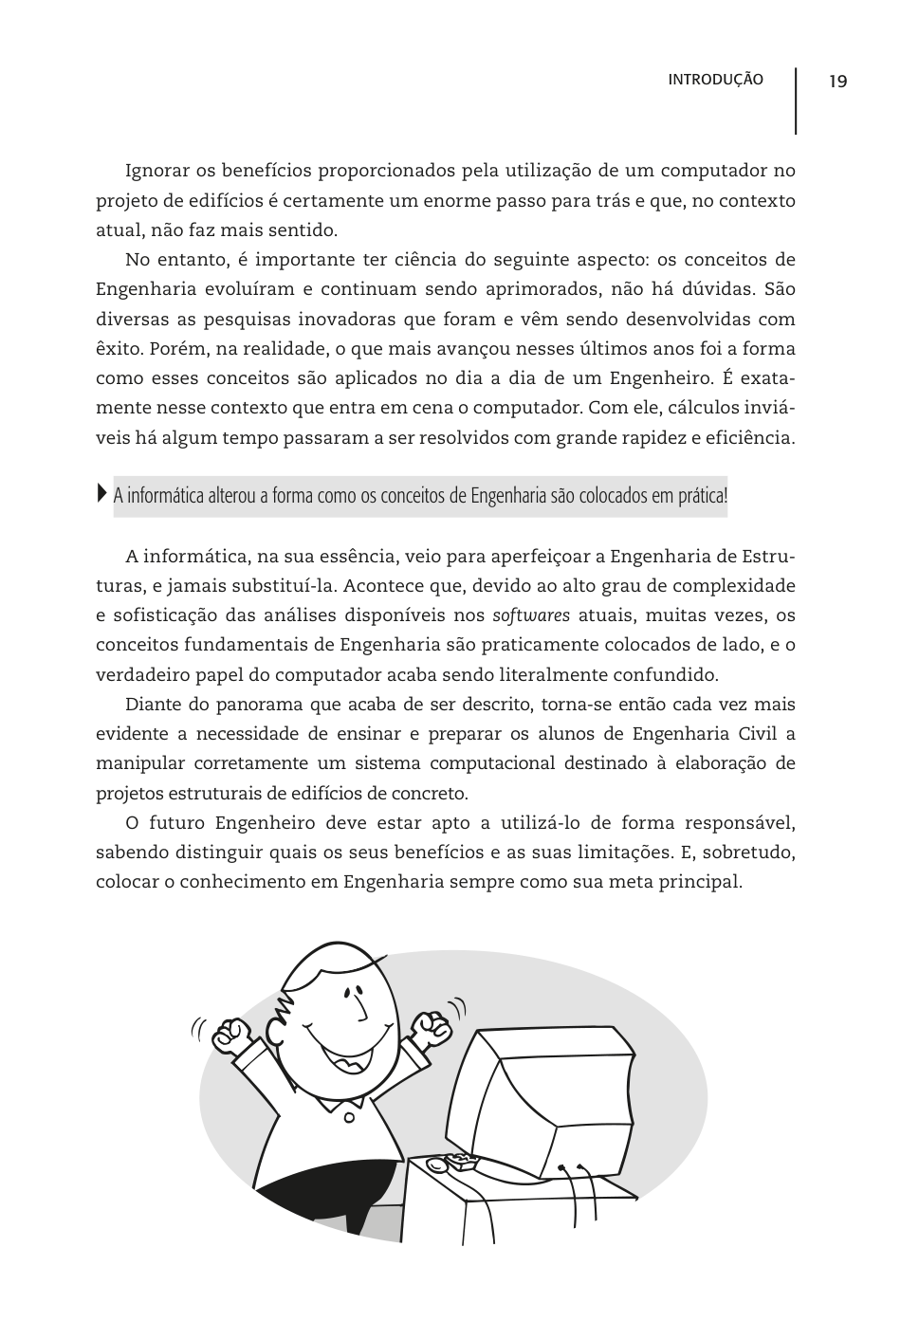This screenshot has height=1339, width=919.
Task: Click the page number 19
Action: point(837,81)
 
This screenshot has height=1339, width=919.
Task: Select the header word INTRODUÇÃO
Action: point(715,80)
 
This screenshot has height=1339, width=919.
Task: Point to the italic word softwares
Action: point(531,615)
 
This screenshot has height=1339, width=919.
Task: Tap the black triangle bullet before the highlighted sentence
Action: point(102,494)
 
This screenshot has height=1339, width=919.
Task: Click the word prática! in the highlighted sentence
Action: point(702,496)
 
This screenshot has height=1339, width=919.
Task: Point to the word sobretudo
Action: point(750,852)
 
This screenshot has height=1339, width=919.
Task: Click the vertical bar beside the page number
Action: point(796,101)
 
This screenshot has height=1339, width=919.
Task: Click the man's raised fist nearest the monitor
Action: point(432,1027)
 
